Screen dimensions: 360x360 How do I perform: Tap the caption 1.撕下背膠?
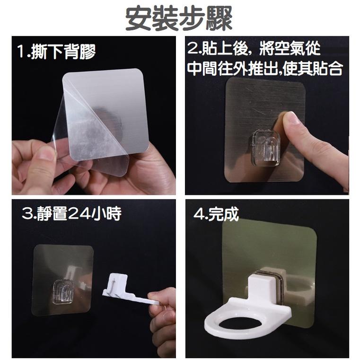point(56,51)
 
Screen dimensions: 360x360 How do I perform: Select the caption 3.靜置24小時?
point(71,214)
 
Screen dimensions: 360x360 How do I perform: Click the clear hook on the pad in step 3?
point(62,293)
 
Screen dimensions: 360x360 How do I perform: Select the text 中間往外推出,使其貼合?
point(264,69)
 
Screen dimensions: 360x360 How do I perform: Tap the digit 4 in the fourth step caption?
point(199,214)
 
